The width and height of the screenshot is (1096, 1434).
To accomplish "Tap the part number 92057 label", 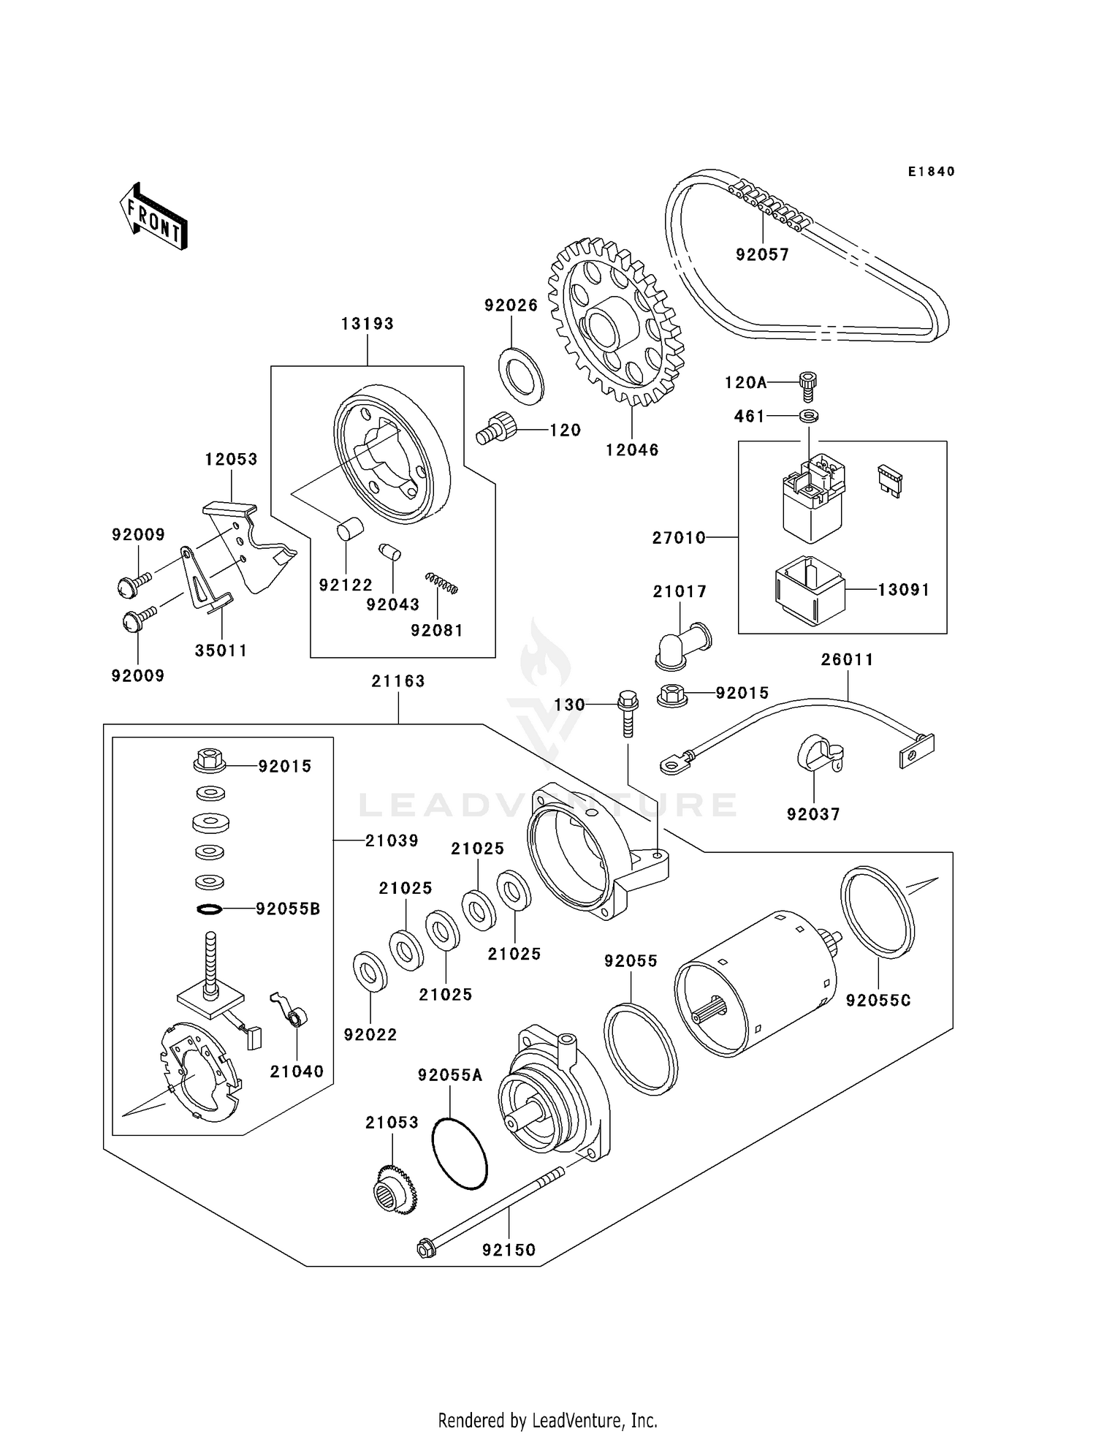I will [762, 254].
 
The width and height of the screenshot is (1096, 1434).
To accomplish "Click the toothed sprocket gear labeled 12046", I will [615, 322].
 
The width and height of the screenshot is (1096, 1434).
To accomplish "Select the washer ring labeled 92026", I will [521, 375].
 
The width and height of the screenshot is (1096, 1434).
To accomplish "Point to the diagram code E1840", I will [931, 172].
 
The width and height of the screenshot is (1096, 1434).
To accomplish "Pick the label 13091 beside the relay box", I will [903, 590].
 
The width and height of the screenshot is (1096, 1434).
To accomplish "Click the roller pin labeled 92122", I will [350, 528].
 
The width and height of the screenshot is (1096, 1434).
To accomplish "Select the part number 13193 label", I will [367, 324].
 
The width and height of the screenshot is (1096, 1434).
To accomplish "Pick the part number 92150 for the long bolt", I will [509, 1250].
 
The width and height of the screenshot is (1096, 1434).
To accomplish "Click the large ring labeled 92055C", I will [877, 912].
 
